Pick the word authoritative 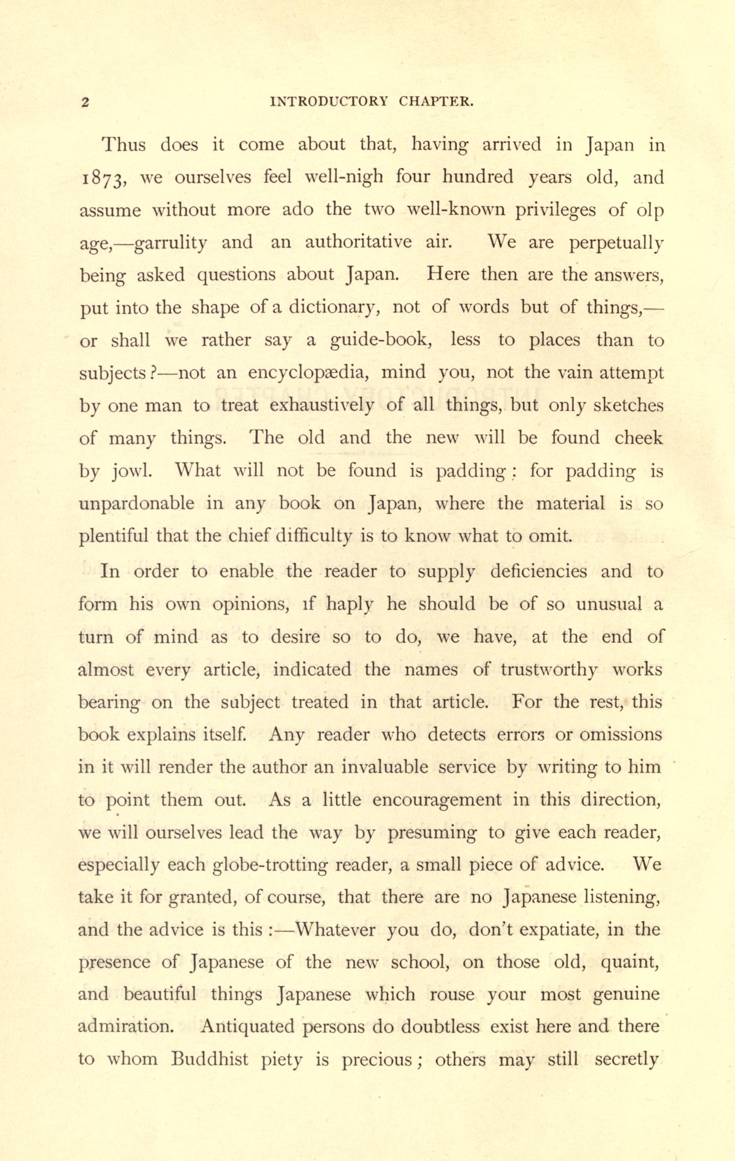coord(358,242)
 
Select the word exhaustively coord(321,406)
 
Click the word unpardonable coord(136,504)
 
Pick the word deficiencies coord(538,572)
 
